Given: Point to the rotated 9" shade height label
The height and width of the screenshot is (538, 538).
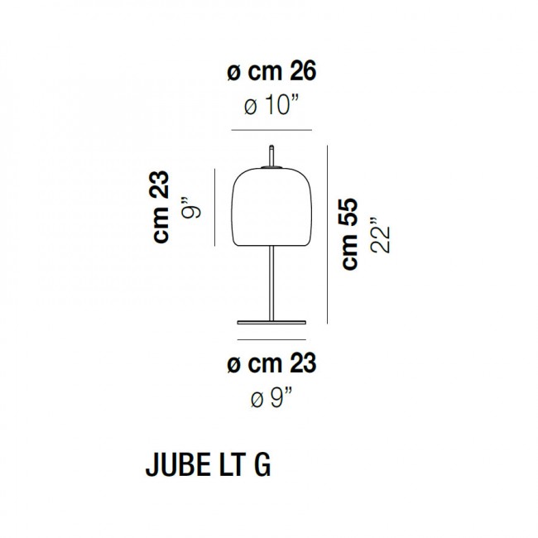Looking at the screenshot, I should (191, 208).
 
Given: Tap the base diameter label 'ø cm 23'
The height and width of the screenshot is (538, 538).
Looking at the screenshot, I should (271, 363).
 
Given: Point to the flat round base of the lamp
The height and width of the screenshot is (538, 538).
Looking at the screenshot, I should (271, 319).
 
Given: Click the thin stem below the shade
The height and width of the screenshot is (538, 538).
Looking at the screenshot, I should (271, 281).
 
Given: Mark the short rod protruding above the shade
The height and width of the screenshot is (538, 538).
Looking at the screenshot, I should (271, 155).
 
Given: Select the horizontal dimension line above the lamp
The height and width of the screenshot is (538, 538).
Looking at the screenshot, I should (271, 130).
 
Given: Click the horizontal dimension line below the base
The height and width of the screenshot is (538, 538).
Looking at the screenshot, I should (271, 339).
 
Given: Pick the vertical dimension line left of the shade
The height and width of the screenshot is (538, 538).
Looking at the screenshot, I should (215, 208).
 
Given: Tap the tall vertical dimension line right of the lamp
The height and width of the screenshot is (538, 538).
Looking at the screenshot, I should (329, 234).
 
